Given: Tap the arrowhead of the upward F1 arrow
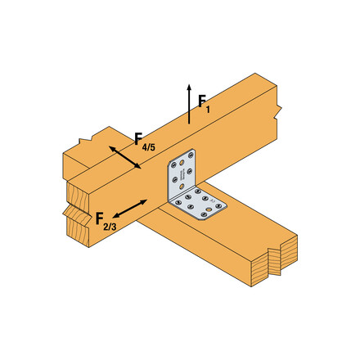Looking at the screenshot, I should click(x=189, y=86).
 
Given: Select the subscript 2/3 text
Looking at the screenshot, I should click(x=111, y=227).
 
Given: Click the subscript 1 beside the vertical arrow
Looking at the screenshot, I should click(x=209, y=109).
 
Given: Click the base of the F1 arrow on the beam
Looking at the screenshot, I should click(x=189, y=123).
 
